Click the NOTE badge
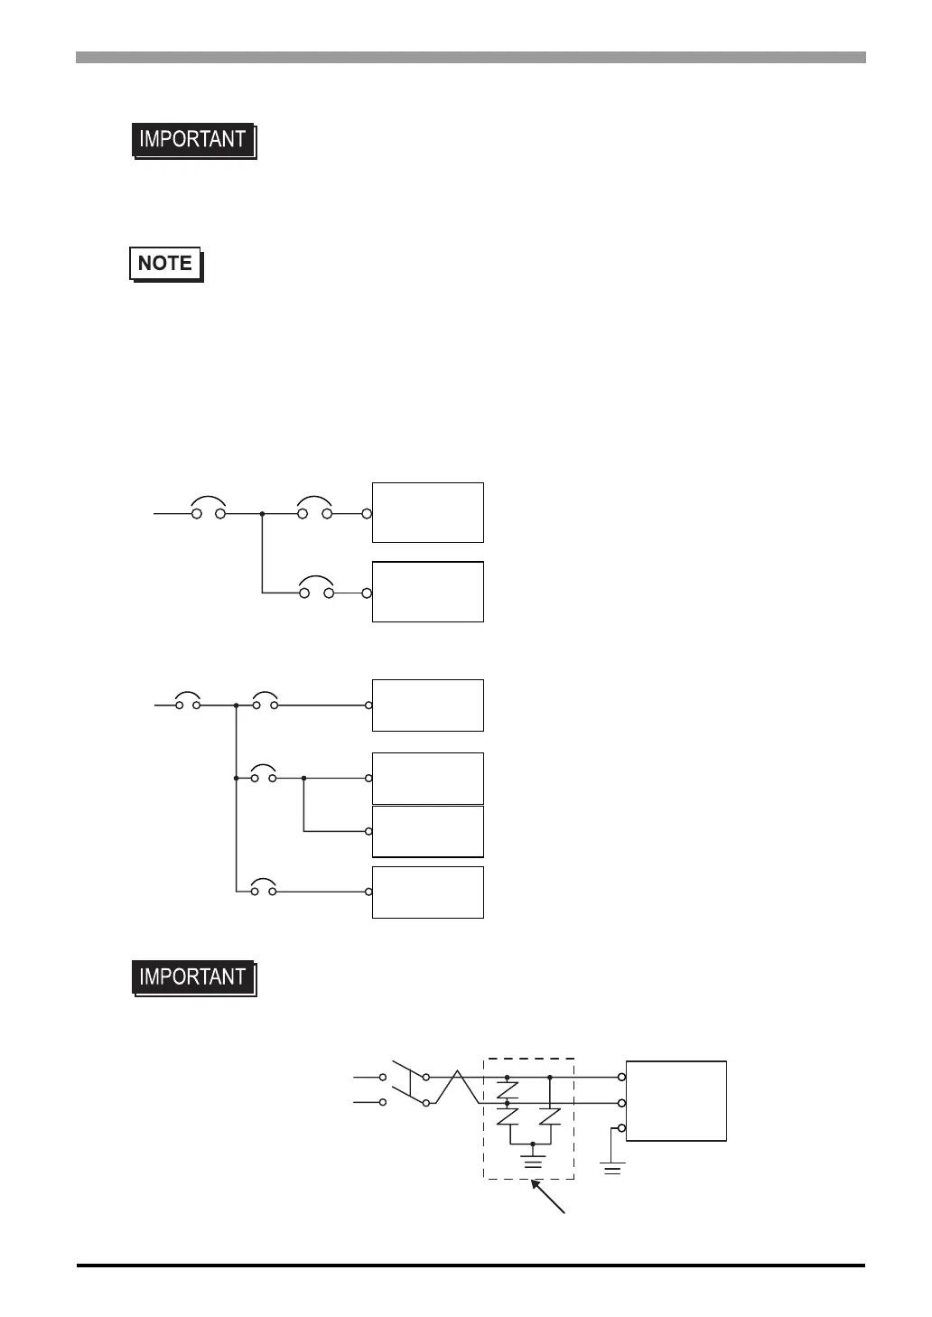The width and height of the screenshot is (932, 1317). click(166, 264)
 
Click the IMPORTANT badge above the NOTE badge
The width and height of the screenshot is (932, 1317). click(193, 140)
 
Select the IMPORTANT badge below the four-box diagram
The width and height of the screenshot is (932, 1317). click(193, 977)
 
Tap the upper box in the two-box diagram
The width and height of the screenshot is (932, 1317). click(428, 512)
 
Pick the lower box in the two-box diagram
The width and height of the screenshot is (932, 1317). click(428, 592)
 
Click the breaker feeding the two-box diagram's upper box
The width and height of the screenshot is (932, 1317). click(315, 509)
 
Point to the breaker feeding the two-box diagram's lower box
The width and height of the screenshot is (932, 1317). click(316, 588)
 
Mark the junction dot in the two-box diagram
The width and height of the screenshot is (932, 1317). click(262, 513)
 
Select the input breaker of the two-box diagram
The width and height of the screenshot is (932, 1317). click(209, 509)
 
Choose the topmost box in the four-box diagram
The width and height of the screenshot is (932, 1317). click(428, 705)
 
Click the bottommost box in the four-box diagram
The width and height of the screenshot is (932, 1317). click(428, 892)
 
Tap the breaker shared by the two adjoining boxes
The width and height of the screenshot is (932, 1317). click(265, 774)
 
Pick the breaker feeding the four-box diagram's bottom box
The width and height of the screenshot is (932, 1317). click(265, 888)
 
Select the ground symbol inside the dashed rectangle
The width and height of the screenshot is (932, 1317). click(534, 1158)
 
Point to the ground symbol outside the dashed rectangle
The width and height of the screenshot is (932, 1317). click(613, 1167)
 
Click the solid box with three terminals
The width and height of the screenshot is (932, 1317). click(676, 1100)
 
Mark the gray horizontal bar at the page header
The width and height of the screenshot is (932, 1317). click(471, 58)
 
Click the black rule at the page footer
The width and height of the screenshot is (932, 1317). click(471, 1266)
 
